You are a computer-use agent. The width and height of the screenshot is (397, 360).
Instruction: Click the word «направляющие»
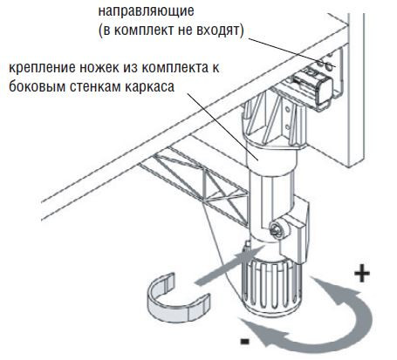click(x=146, y=11)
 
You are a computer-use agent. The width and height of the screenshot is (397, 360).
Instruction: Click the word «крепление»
click(x=41, y=69)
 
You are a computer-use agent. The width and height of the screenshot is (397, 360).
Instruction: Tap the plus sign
click(x=362, y=274)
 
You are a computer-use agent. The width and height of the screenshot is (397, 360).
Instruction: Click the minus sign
click(x=245, y=341)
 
